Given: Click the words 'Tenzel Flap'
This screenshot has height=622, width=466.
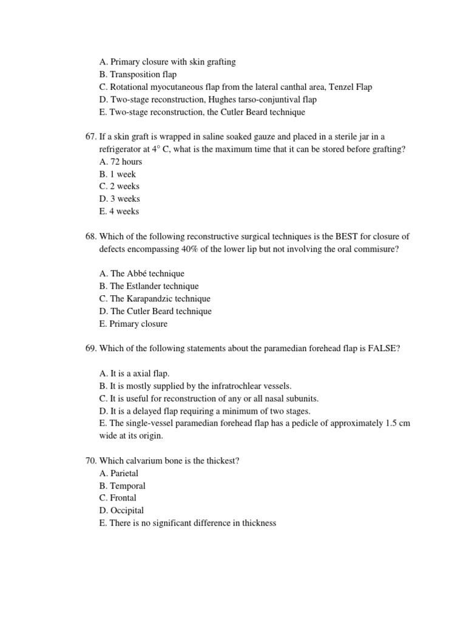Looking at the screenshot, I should (350, 87).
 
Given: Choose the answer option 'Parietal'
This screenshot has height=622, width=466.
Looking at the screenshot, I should (124, 473).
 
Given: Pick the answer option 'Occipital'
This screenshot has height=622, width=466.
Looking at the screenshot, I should (127, 510).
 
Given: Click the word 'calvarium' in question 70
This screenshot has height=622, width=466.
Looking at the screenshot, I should (143, 460).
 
